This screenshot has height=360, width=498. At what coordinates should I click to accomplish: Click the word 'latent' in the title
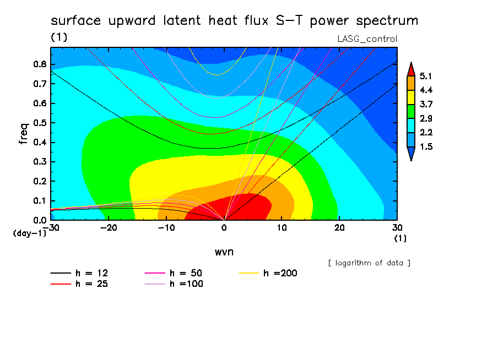(x=182, y=20)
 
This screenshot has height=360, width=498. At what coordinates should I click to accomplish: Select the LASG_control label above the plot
(x=367, y=39)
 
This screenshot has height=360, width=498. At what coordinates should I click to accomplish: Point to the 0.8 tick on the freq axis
(x=40, y=64)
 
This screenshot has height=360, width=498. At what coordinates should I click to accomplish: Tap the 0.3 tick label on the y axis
(x=40, y=162)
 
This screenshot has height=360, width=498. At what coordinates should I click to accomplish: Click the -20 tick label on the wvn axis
(x=109, y=228)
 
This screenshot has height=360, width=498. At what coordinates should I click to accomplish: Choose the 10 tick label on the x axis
(x=282, y=228)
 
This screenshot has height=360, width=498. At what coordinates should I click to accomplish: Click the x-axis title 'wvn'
(x=224, y=252)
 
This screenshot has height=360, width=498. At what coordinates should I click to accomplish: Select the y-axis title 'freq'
(x=24, y=134)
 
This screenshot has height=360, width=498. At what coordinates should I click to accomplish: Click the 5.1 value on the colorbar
(x=426, y=76)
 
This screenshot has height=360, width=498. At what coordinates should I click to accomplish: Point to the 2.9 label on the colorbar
(x=426, y=118)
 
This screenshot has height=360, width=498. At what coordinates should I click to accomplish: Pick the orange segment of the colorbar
(x=411, y=83)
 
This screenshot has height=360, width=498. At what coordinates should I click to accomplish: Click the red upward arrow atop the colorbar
(x=411, y=69)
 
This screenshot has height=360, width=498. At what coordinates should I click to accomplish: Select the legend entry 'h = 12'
(x=79, y=273)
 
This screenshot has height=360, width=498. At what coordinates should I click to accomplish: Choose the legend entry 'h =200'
(x=268, y=273)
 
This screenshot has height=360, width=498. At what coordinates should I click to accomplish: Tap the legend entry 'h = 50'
(x=173, y=273)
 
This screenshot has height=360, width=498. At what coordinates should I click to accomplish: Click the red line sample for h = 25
(x=61, y=284)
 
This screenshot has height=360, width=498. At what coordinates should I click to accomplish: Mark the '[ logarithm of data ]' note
(x=369, y=263)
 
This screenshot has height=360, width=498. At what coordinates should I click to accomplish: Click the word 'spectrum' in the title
(x=387, y=21)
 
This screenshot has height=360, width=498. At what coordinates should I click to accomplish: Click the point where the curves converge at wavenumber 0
(x=224, y=220)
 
